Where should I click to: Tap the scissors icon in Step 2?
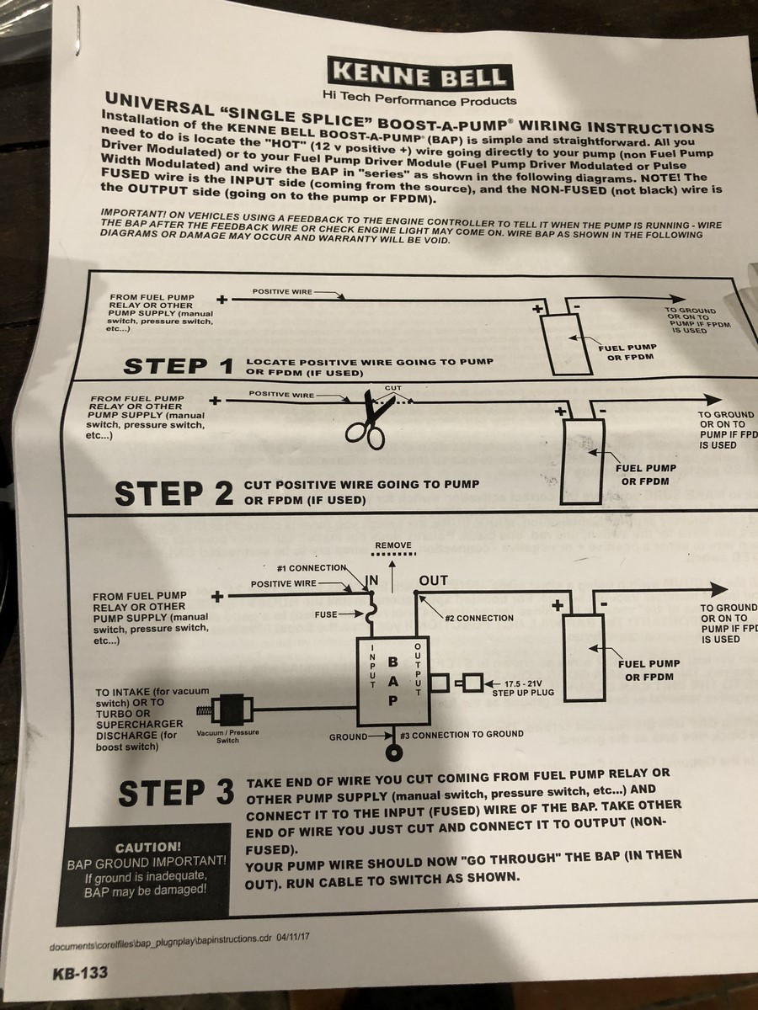point(369,417)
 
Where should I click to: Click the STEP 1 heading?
point(178,366)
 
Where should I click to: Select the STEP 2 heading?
point(173,492)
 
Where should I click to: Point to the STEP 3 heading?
point(176,792)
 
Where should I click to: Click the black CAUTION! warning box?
point(147,869)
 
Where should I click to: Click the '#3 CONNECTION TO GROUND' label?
point(462,734)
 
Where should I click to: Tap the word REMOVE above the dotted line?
point(393,545)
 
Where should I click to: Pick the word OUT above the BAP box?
point(433,581)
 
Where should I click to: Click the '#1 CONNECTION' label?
point(312,567)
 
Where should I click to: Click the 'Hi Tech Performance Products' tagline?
point(419,100)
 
